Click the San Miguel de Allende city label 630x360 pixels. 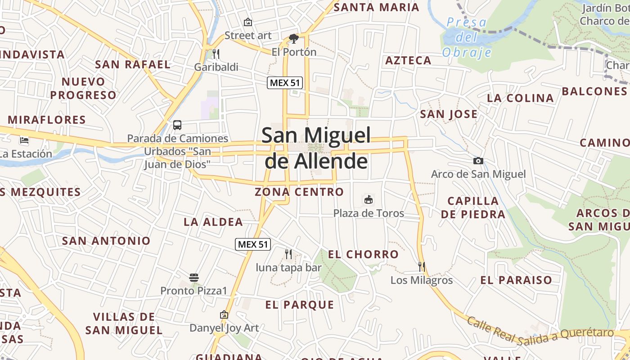point(316,148)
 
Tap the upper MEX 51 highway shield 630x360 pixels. point(285,83)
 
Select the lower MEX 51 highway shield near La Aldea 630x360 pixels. point(253,244)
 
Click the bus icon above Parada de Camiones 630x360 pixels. point(177,125)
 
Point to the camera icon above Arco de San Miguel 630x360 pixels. point(478,161)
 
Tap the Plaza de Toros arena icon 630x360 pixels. point(368,199)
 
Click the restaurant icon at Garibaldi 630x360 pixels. point(216,54)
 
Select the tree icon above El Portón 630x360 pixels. point(294,39)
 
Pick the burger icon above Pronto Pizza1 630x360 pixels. point(194,278)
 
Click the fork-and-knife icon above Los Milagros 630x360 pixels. point(421,266)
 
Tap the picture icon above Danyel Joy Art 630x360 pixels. point(224,315)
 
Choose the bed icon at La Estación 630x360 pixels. point(24,140)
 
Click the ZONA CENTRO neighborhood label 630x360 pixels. point(299,192)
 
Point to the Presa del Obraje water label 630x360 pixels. point(467,37)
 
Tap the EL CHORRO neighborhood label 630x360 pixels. point(363,254)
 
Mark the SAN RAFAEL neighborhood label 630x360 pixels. point(133,64)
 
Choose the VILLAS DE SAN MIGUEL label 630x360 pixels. point(124,324)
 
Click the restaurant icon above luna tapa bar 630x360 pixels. point(288,254)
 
